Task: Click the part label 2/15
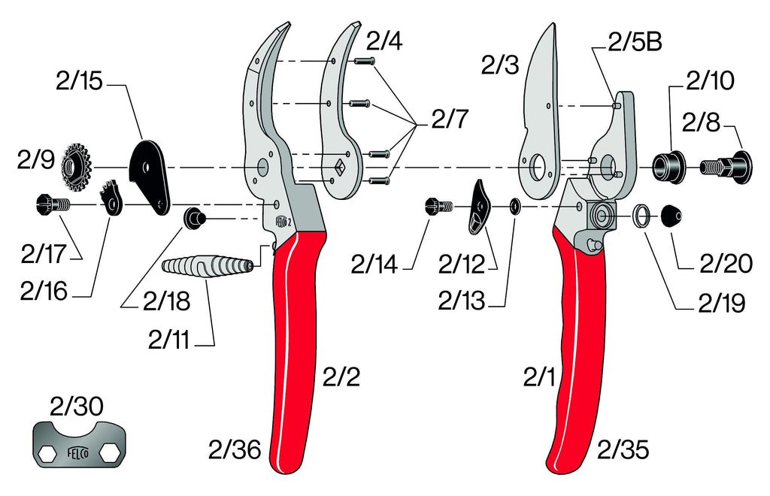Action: pyautogui.click(x=78, y=82)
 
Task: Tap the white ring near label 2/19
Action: pyautogui.click(x=641, y=216)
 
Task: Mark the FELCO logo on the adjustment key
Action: pyautogui.click(x=77, y=453)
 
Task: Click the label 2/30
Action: pyautogui.click(x=76, y=407)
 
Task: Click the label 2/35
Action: pyautogui.click(x=623, y=450)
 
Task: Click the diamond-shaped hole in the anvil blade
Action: pyautogui.click(x=338, y=168)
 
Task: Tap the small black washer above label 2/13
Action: pyautogui.click(x=514, y=206)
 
